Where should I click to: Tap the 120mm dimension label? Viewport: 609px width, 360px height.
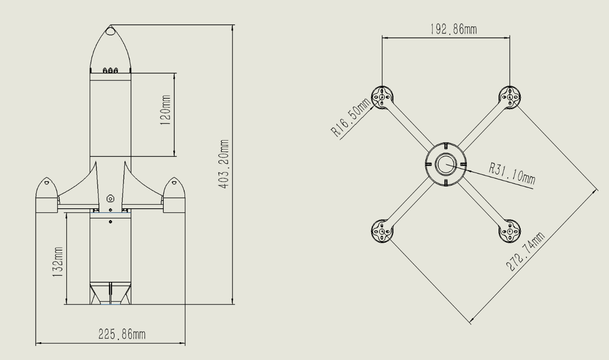(x=165, y=114)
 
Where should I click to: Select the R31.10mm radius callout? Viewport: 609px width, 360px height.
(x=512, y=173)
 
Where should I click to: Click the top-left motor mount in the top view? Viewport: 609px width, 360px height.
(x=382, y=97)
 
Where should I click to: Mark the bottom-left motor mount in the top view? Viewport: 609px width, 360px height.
(x=382, y=231)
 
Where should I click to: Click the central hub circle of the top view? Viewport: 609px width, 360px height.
(x=446, y=165)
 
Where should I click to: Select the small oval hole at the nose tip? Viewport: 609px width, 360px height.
(x=111, y=31)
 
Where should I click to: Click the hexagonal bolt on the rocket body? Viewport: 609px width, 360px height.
(x=110, y=198)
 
